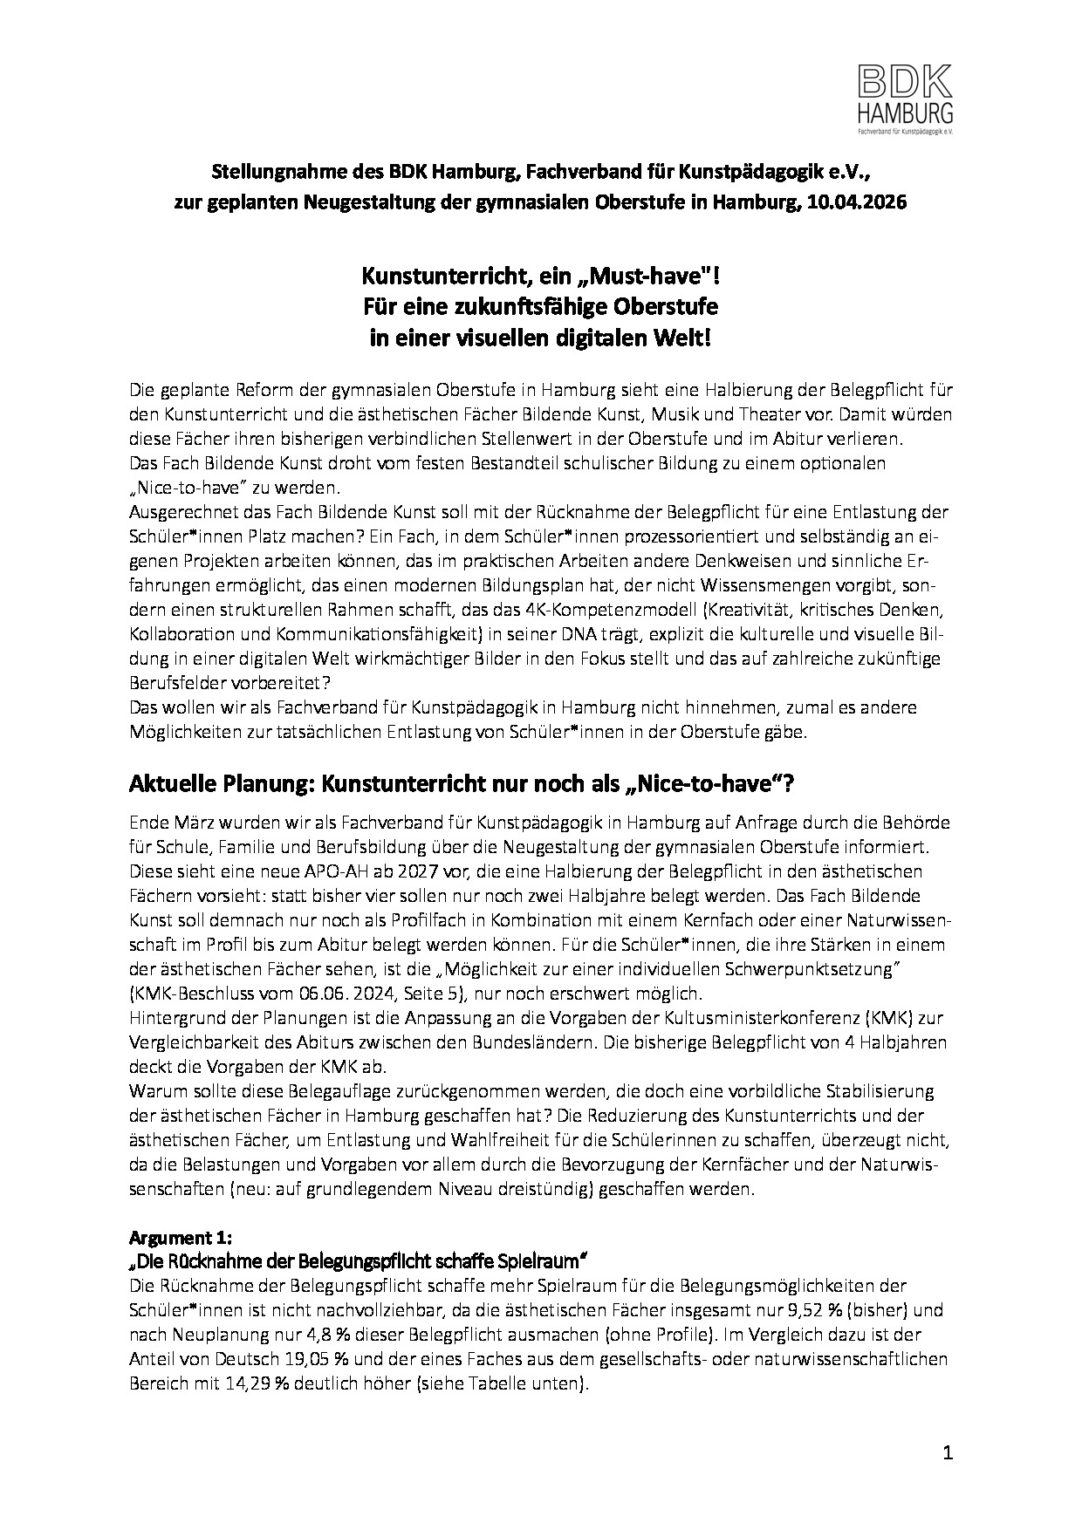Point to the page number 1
coord(948,1452)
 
